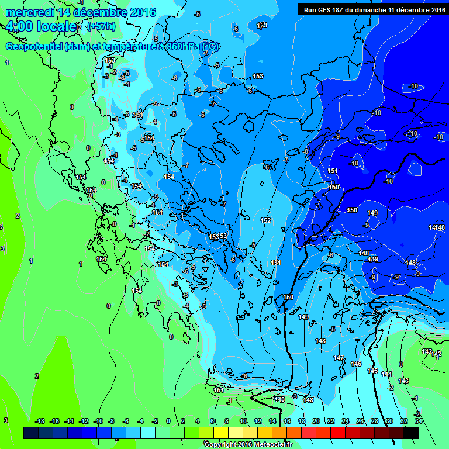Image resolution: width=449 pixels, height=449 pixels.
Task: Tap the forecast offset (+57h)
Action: click(101, 26)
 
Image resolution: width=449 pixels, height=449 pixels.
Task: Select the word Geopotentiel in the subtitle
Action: click(34, 47)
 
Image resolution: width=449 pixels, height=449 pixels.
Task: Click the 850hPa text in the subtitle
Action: click(179, 47)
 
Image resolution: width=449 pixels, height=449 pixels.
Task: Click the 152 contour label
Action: click(265, 220)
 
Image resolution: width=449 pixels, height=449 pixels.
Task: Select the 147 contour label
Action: click(339, 358)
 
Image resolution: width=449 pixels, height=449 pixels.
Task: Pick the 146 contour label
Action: click(356, 364)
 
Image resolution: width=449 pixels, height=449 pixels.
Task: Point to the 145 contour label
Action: click(372, 371)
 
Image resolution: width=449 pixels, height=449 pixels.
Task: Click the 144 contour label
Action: click(386, 374)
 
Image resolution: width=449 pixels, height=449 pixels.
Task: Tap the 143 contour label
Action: click(403, 381)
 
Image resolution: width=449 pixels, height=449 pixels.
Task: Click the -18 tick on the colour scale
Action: click(40, 421)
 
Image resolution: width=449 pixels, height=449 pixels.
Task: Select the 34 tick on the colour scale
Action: click(419, 421)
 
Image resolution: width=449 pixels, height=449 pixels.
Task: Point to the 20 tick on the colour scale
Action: click(316, 421)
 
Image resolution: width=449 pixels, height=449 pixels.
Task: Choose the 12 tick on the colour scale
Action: click(258, 421)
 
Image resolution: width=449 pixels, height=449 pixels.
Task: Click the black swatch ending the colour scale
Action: click(411, 433)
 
